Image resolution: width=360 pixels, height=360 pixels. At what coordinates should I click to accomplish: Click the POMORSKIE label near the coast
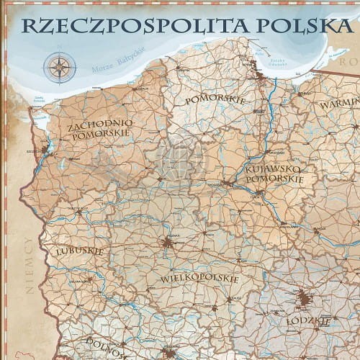click(x=215, y=99)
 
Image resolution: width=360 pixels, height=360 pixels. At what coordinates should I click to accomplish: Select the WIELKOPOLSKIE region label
click(x=189, y=277)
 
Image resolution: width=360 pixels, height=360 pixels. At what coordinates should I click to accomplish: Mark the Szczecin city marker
click(x=48, y=150)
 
